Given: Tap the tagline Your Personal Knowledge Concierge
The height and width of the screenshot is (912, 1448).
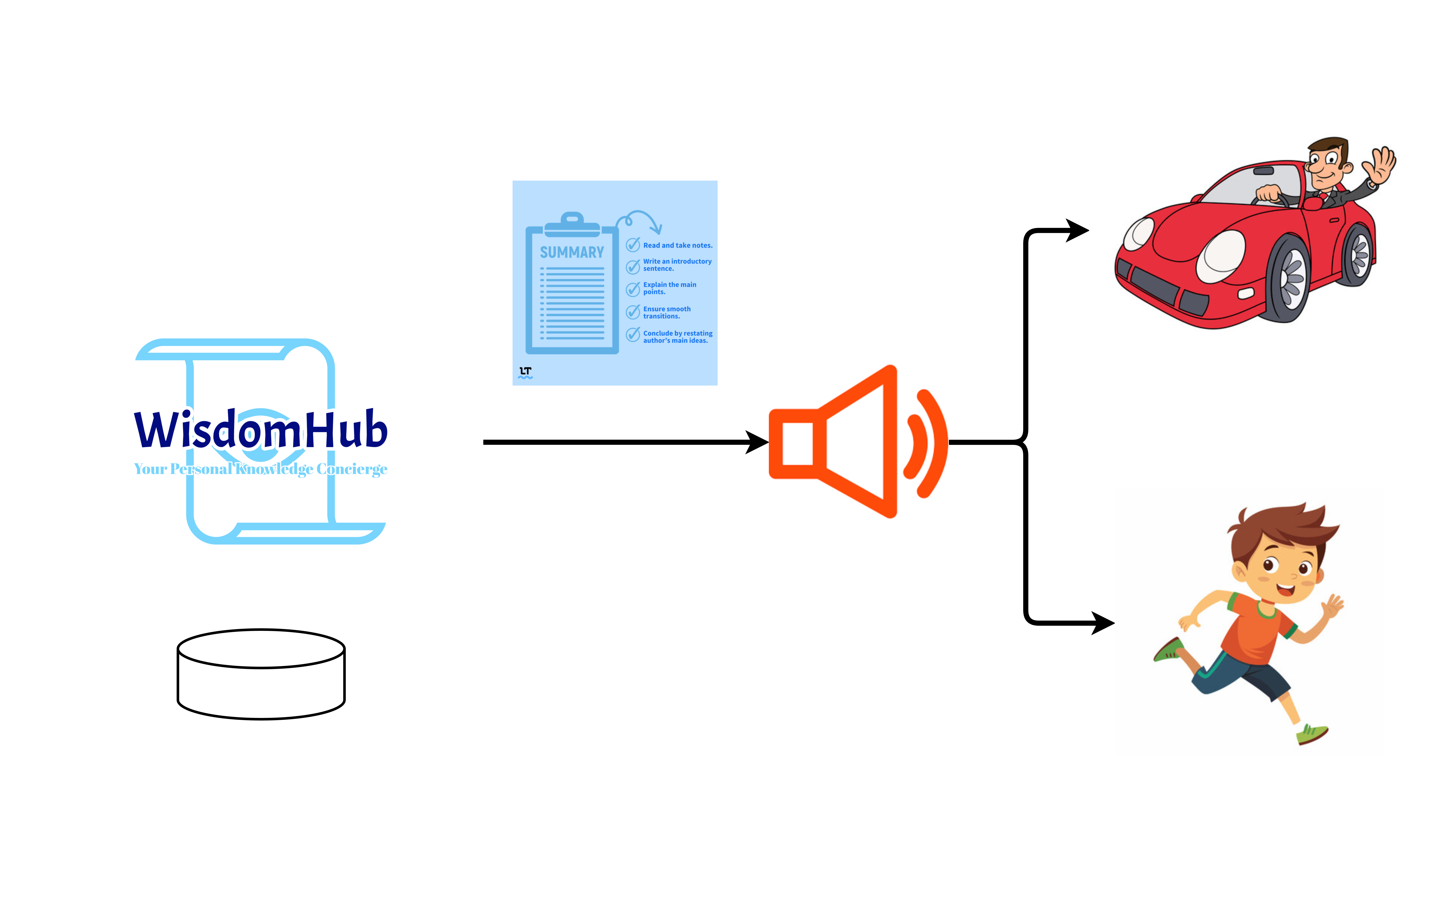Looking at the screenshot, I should click(260, 469).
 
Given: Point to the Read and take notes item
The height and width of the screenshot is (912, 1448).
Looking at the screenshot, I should click(677, 245).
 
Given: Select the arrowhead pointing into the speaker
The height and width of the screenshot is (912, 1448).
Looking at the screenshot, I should click(757, 442).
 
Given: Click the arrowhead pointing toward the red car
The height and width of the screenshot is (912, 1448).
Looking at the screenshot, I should click(1076, 230).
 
